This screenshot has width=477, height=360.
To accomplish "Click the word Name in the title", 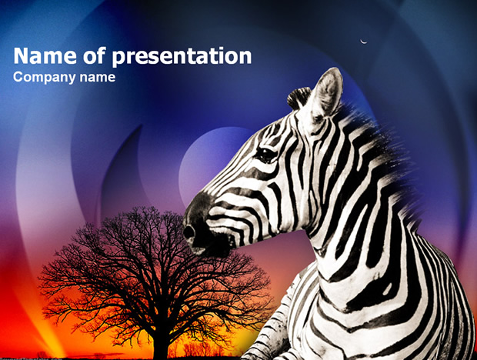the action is (x=45, y=55).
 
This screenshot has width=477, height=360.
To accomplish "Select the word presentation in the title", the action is (x=182, y=58).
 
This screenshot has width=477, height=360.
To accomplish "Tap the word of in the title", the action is (x=95, y=55).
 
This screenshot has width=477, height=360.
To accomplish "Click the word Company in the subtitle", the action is (x=44, y=78).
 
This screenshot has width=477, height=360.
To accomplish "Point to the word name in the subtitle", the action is (x=98, y=78).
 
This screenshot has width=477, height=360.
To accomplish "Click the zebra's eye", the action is (x=265, y=155).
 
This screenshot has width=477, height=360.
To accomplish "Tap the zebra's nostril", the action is (x=188, y=232).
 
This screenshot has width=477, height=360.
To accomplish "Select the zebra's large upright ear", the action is (x=325, y=95).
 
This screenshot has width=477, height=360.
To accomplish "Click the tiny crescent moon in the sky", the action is (x=363, y=42).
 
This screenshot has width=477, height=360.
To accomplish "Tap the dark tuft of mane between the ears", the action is (x=299, y=98).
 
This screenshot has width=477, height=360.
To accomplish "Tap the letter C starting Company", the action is (x=18, y=77).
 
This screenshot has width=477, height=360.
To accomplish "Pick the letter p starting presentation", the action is (x=118, y=59).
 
